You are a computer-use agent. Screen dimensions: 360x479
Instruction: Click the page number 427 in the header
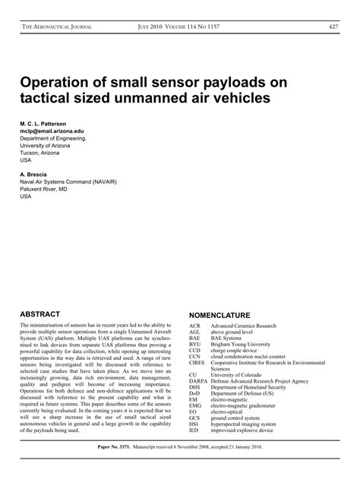pyautogui.click(x=333, y=27)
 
